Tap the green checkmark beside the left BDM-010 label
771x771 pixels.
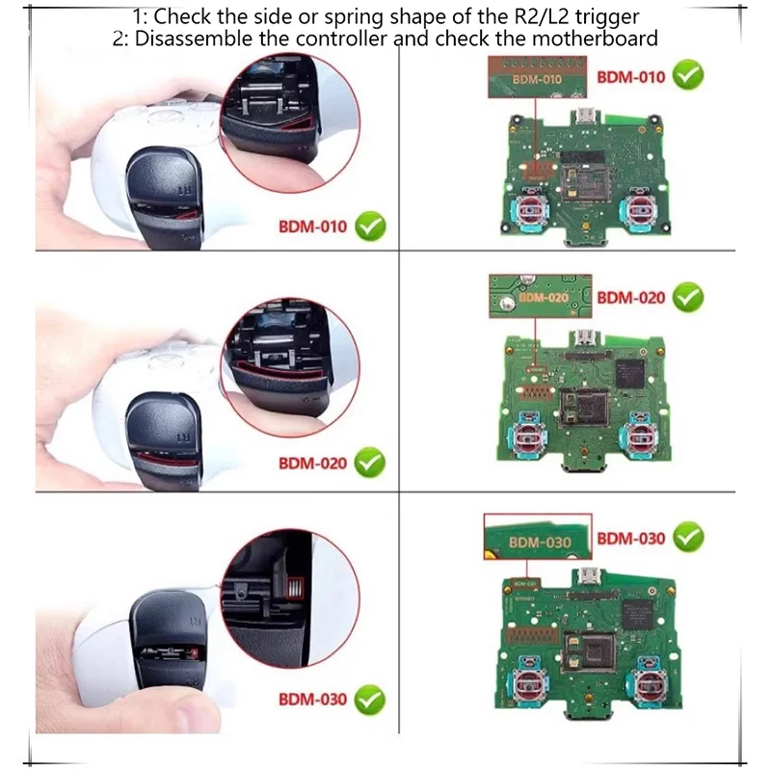pyautogui.click(x=369, y=226)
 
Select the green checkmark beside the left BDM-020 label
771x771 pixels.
pyautogui.click(x=369, y=463)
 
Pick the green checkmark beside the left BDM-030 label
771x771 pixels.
pyautogui.click(x=369, y=699)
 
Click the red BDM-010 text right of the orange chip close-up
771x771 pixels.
pyautogui.click(x=631, y=77)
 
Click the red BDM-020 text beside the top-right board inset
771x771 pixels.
pyautogui.click(x=631, y=298)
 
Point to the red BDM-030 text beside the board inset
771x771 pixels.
pyautogui.click(x=631, y=537)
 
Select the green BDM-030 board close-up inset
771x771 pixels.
pyautogui.click(x=536, y=540)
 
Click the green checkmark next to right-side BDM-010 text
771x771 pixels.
pyautogui.click(x=687, y=75)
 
